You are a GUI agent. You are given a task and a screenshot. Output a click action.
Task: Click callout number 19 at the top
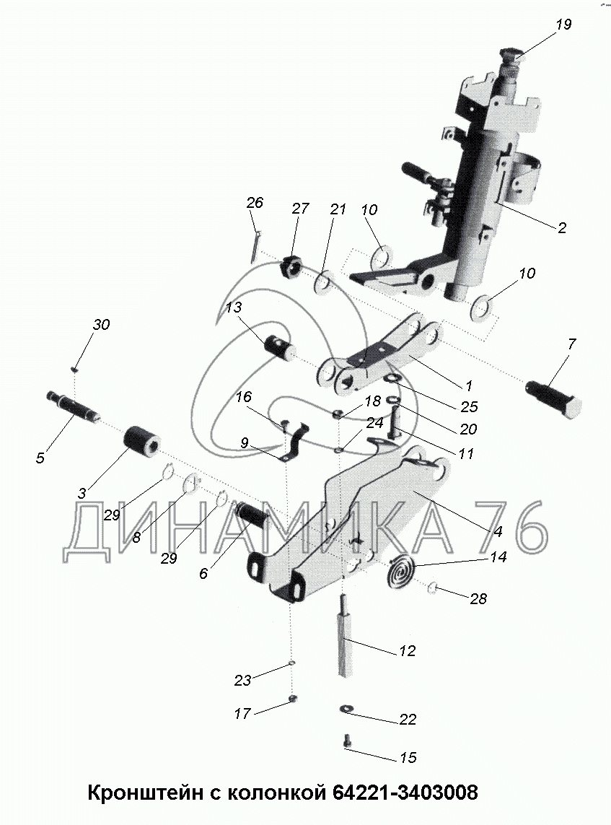coord(563,25)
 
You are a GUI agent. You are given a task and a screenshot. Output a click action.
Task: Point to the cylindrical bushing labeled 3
coord(144,440)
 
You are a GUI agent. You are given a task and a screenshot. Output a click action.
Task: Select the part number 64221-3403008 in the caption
coord(405,793)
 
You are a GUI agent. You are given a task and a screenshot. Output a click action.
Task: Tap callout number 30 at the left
coord(101,325)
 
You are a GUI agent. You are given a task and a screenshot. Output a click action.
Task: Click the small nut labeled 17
coord(292,698)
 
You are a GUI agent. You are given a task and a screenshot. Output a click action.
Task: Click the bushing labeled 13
coord(281,344)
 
